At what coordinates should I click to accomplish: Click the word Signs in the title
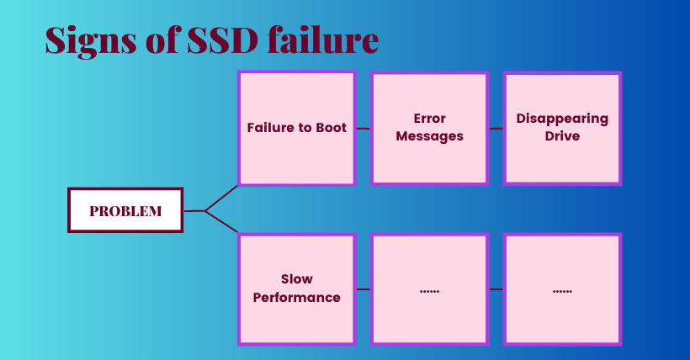coord(91,41)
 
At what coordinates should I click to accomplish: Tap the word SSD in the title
coord(223,40)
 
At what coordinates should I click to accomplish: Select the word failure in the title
coord(323,40)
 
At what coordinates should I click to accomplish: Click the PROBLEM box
coord(125,210)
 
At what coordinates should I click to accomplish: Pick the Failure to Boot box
coord(296,128)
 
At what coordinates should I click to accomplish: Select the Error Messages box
coord(429,128)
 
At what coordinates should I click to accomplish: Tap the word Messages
coord(429,136)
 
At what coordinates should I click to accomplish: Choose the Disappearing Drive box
coord(562,128)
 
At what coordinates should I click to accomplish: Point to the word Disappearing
coord(562,119)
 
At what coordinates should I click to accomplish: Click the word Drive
coord(562,136)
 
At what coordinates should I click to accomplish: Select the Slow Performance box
coord(296,289)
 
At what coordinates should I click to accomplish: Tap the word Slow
coord(296,279)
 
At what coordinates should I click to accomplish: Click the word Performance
coord(296,298)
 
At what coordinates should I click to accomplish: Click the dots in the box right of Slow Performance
coord(429,291)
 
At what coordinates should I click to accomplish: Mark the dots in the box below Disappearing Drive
coord(562,291)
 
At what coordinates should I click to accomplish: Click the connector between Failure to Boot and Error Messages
coord(363,129)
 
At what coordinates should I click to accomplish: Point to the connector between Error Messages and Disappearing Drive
coord(496,129)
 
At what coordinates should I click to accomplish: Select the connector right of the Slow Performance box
coord(363,289)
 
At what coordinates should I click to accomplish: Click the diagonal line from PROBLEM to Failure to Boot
coord(221,199)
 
